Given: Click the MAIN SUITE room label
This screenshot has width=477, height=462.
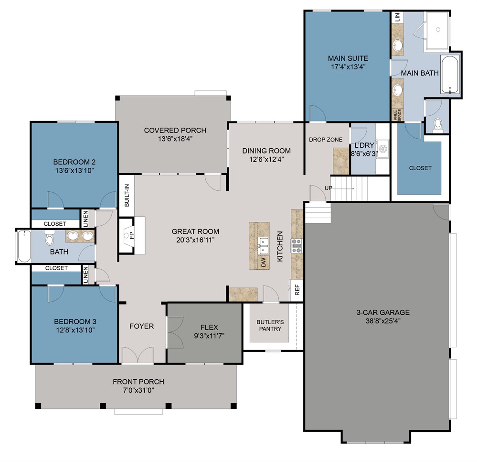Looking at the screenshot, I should (348, 58).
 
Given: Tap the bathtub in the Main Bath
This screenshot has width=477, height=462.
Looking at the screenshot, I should (450, 75).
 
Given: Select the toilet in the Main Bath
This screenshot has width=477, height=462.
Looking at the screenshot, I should (437, 125).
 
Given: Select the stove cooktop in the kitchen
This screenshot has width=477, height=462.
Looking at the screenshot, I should (297, 245).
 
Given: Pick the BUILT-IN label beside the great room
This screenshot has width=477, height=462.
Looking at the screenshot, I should (127, 195).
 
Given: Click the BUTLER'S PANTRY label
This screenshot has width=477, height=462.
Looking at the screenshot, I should (270, 325).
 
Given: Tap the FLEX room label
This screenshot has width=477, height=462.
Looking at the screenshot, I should (209, 327).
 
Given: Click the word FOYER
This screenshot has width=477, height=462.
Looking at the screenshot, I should (142, 326).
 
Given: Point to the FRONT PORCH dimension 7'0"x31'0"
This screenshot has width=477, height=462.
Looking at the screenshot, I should (138, 390).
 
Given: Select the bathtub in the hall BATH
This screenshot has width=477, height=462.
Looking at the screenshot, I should (24, 246).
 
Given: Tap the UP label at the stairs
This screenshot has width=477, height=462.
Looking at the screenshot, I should (328, 188).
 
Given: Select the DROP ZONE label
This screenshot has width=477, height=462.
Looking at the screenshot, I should (326, 140).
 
